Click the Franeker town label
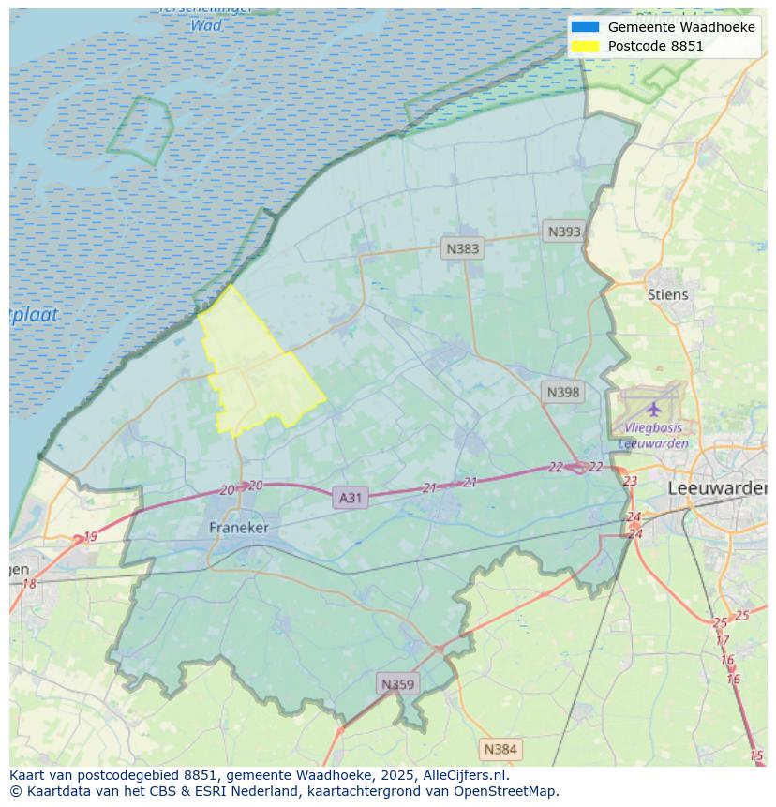coord(238,528)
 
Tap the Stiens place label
coord(667,294)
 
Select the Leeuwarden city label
coord(717,489)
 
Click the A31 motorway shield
coord(350,498)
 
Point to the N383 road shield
coord(462,248)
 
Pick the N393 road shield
coord(564,232)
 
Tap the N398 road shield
coord(563,393)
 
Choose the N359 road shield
coord(396,684)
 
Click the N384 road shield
coord(500,749)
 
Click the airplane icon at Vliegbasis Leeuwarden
coord(653,410)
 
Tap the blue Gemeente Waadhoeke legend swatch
coord(585,27)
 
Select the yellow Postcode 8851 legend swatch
coord(585,46)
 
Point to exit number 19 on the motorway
coord(90,537)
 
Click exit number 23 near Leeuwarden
coord(630,482)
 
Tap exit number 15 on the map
coord(756,755)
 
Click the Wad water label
coord(206,25)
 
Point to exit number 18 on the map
coord(29,584)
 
